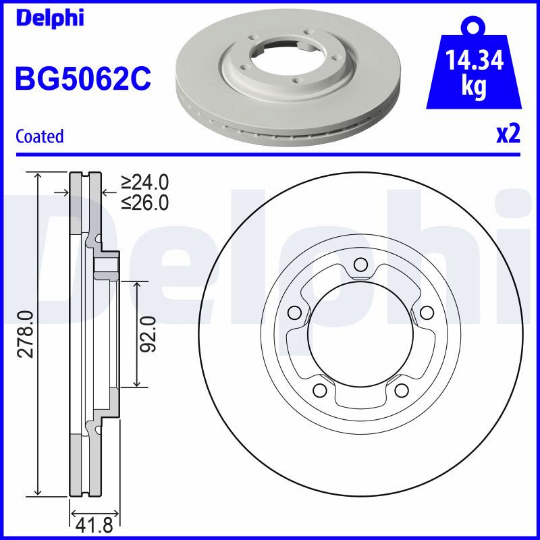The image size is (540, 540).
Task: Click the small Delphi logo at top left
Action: coord(49,18)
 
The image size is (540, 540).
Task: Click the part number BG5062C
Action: coord(83,78)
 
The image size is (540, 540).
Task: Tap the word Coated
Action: coord(40,136)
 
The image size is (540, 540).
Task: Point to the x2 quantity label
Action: coord(508,134)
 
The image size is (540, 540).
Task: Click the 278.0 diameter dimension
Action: coord(26,334)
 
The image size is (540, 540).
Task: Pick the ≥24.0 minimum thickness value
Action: coord(144,182)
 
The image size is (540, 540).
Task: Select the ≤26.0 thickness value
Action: coord(144,202)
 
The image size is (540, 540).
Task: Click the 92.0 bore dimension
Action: coord(148,334)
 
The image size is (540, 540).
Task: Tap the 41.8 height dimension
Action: coord(94,526)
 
